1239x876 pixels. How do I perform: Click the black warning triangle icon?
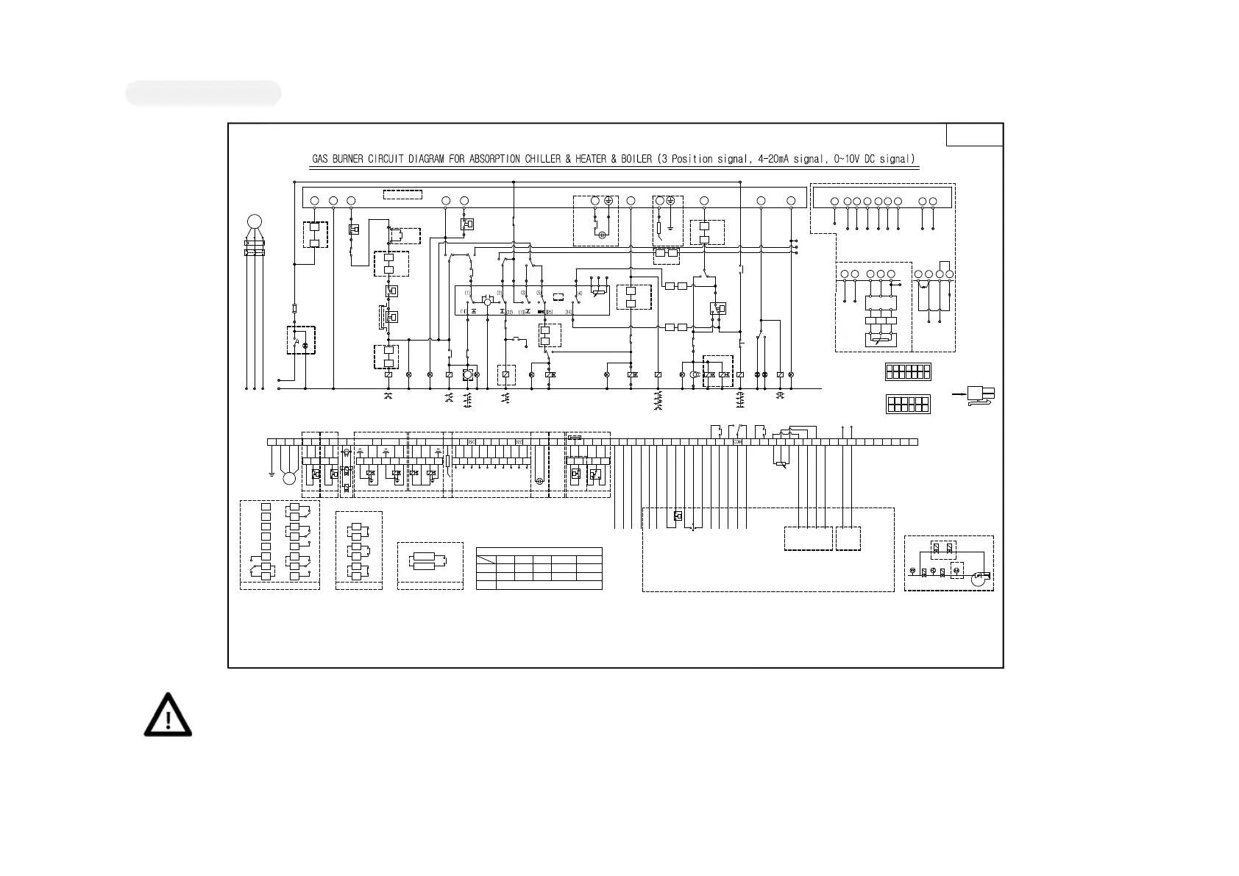pyautogui.click(x=168, y=715)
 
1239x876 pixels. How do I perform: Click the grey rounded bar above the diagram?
pyautogui.click(x=203, y=93)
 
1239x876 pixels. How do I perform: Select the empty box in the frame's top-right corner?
pyautogui.click(x=974, y=135)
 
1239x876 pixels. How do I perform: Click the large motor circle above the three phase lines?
pyautogui.click(x=255, y=221)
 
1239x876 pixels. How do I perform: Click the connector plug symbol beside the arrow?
pyautogui.click(x=980, y=395)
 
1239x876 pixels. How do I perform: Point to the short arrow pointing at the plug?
pyautogui.click(x=959, y=394)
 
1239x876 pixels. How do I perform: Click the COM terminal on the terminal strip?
pyautogui.click(x=737, y=442)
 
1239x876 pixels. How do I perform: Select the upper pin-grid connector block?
pyautogui.click(x=908, y=371)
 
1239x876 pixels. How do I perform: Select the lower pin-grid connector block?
pyautogui.click(x=908, y=404)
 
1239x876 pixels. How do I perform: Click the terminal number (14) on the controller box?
pyautogui.click(x=568, y=312)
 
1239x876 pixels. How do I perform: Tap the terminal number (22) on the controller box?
pyautogui.click(x=508, y=312)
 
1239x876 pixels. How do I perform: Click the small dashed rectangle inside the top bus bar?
pyautogui.click(x=402, y=195)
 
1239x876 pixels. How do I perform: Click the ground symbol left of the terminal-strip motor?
pyautogui.click(x=272, y=474)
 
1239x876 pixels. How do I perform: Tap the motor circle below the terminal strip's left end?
pyautogui.click(x=289, y=479)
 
